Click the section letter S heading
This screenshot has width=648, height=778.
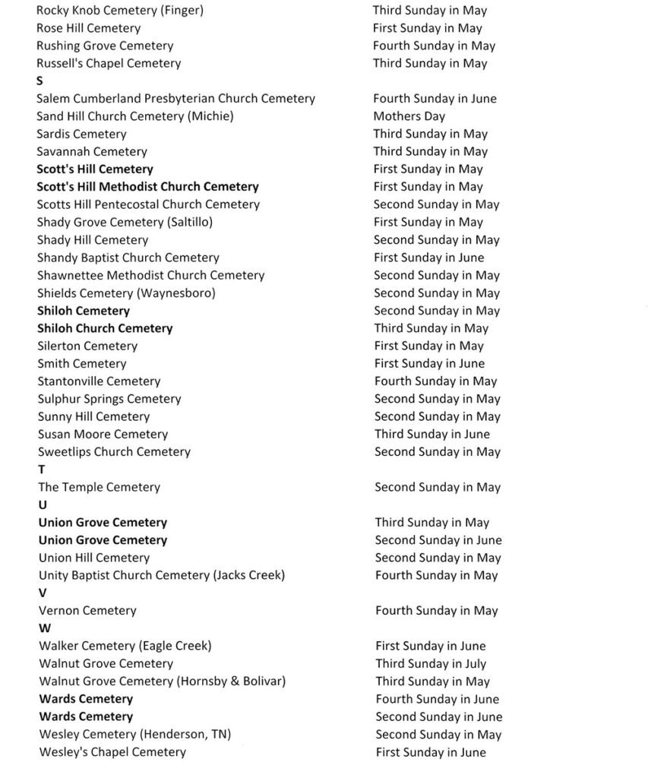coord(40,81)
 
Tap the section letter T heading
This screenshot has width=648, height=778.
coord(42,470)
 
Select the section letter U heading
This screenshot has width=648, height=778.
coord(43,504)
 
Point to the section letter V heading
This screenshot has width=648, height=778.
coord(43,593)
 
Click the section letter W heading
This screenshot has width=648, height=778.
coord(44,628)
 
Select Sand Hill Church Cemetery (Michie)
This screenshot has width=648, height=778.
coord(134,116)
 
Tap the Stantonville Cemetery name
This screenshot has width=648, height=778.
coord(99,381)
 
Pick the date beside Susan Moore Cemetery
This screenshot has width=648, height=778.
coord(431,434)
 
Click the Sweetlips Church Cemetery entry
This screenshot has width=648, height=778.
coord(114,452)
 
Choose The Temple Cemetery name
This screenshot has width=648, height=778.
coord(99,487)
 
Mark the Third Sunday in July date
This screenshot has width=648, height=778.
coord(430,663)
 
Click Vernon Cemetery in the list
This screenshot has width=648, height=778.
coord(87,611)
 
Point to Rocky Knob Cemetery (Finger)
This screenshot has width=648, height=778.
coord(119,11)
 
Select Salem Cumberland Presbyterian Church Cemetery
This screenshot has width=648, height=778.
coord(175,99)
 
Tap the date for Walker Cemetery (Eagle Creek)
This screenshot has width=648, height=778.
coord(430,646)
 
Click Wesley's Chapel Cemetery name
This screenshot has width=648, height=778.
coord(112,752)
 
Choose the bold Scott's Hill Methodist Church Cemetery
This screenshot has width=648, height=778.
coord(147,187)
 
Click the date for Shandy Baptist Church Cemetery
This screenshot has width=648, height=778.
coord(428,258)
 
